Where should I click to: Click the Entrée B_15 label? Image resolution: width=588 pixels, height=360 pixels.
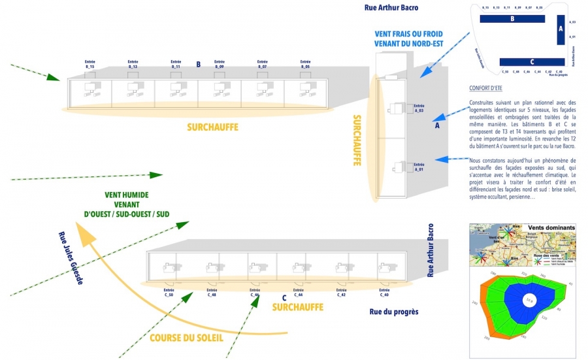point(90,64)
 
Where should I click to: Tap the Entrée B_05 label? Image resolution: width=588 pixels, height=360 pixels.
point(305,64)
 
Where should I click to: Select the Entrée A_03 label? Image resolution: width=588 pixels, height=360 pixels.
point(419,108)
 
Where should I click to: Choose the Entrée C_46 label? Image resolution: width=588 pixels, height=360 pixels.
point(255,291)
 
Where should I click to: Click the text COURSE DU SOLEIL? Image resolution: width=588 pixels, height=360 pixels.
point(186,338)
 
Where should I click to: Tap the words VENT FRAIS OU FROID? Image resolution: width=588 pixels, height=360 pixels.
point(409,33)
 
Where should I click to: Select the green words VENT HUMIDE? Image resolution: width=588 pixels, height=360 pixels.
point(127,195)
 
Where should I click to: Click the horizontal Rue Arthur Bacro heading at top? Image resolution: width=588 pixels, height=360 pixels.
point(391,8)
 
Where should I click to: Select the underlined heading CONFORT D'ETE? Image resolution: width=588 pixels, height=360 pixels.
point(485,88)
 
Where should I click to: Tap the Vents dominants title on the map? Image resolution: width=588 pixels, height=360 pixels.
point(551,228)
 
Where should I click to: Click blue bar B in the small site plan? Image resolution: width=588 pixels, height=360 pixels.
point(512,19)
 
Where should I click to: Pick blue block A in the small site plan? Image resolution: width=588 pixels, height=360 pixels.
point(560,30)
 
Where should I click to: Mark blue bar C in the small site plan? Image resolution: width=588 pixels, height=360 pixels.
point(532,61)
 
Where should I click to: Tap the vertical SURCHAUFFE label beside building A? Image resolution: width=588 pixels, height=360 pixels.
point(358,139)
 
